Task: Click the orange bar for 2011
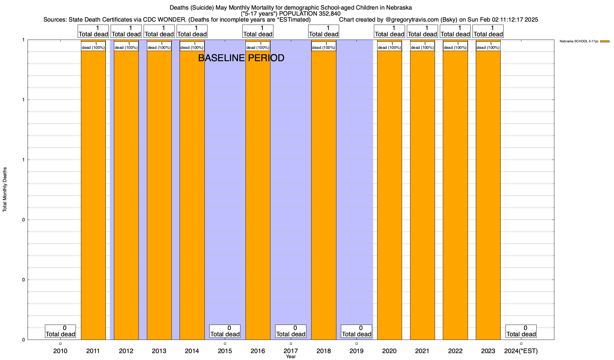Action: [93, 195]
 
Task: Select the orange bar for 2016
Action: [258, 195]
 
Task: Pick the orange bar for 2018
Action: [324, 195]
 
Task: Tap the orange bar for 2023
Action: [488, 195]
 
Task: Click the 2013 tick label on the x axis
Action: [159, 351]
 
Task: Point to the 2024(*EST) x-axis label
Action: [521, 351]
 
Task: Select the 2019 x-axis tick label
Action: [356, 351]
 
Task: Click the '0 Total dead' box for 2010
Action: [60, 331]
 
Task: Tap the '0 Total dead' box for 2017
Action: [291, 331]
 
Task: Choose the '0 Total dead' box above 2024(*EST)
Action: [521, 331]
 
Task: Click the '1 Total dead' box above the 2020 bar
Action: [389, 31]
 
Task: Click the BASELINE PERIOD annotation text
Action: [241, 58]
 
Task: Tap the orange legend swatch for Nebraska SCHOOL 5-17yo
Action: [605, 41]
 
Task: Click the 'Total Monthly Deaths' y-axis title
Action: [5, 190]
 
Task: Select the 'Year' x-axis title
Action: [291, 357]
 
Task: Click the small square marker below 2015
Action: [225, 344]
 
